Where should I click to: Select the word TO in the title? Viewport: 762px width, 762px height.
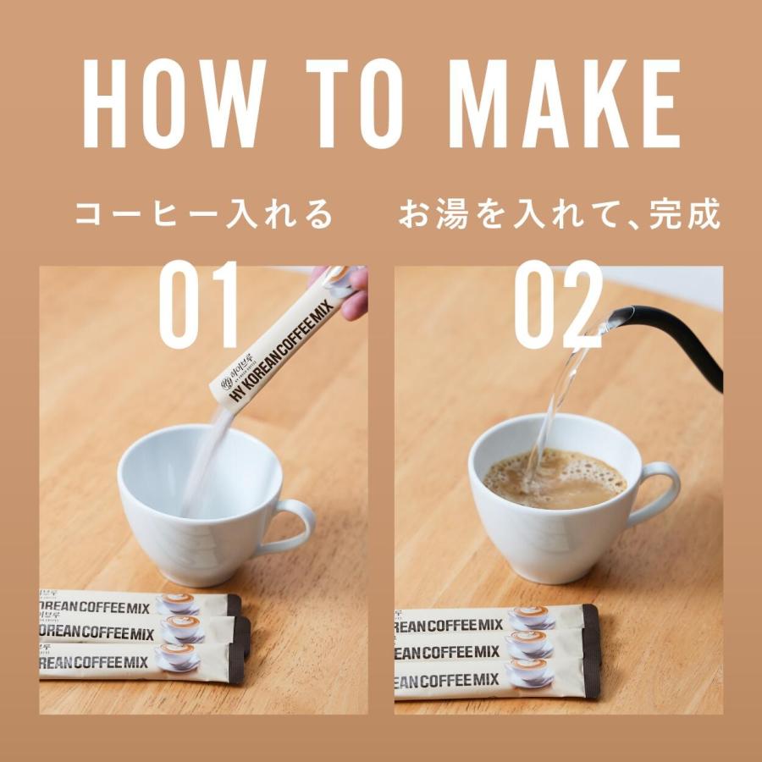pyautogui.click(x=356, y=104)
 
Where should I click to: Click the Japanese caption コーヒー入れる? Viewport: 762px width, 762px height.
pyautogui.click(x=203, y=215)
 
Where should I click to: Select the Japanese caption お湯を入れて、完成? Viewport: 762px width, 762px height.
pyautogui.click(x=560, y=215)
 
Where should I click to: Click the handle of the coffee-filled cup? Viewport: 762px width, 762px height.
pyautogui.click(x=660, y=492)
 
